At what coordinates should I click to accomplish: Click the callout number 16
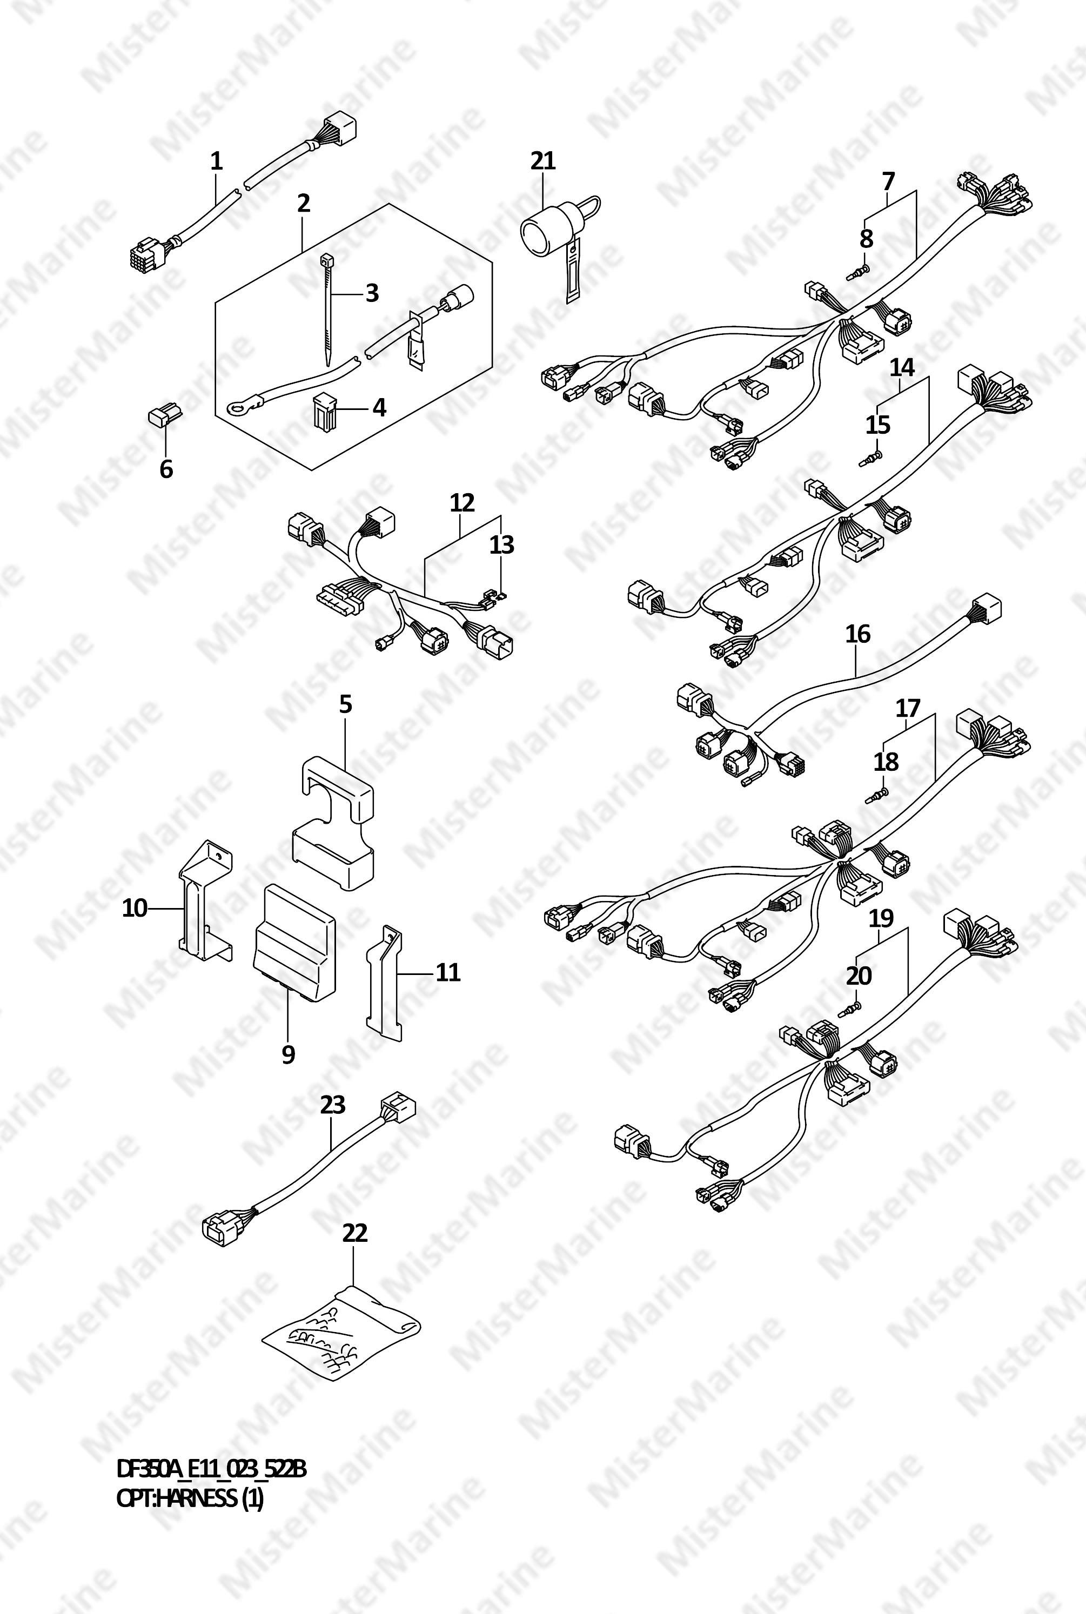pos(857,634)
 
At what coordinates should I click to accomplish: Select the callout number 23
pos(332,1105)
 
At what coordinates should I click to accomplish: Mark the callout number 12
pos(462,503)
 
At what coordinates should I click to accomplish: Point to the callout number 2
pos(303,203)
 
